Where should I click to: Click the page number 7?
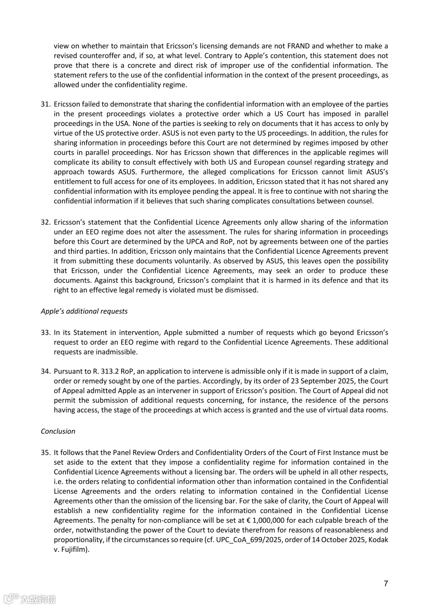click(386, 584)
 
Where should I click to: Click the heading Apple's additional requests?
click(84, 311)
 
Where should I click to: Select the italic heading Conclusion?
click(58, 431)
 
